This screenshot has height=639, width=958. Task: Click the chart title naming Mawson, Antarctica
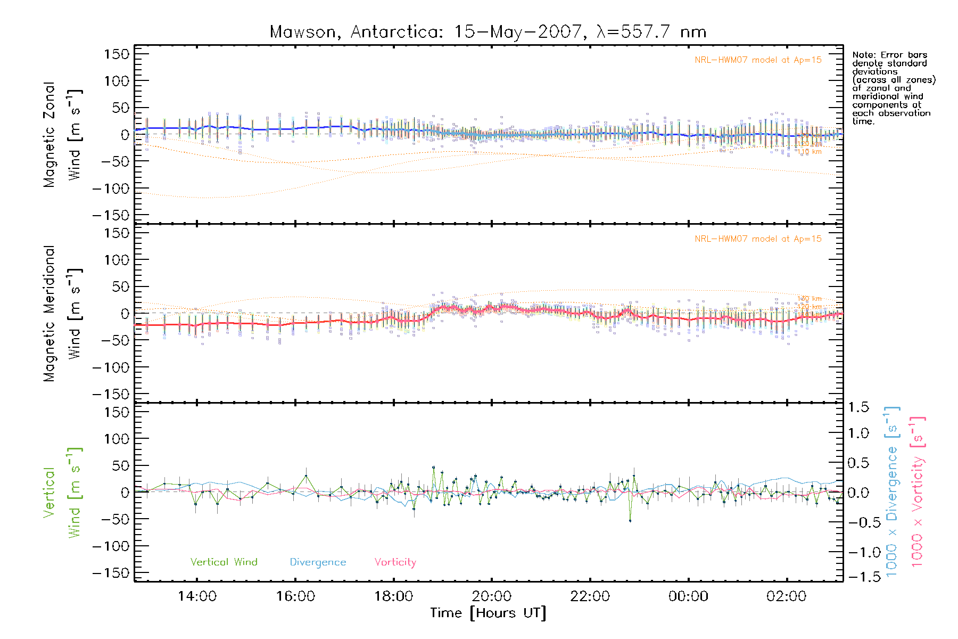(488, 32)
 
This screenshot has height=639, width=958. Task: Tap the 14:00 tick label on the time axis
(197, 596)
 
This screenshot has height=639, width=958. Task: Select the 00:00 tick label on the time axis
(688, 596)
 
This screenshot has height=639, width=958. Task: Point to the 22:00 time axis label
(590, 596)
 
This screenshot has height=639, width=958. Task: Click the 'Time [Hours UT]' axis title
(488, 613)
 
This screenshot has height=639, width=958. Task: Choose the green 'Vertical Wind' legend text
(224, 562)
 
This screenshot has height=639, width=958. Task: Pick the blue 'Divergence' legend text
(318, 562)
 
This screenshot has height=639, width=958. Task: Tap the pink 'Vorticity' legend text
(395, 562)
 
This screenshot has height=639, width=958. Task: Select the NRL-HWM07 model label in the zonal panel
(758, 60)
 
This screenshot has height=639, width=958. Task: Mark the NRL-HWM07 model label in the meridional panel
(758, 239)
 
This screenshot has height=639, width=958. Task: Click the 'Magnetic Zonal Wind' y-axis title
(63, 134)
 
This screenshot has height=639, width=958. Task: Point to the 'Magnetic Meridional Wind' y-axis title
(63, 313)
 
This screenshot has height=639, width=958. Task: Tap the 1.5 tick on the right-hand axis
(858, 407)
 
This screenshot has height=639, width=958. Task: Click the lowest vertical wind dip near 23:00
(630, 520)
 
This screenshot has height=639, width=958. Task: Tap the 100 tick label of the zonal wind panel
(117, 81)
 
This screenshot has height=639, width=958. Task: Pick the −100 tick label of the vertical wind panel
(111, 546)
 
